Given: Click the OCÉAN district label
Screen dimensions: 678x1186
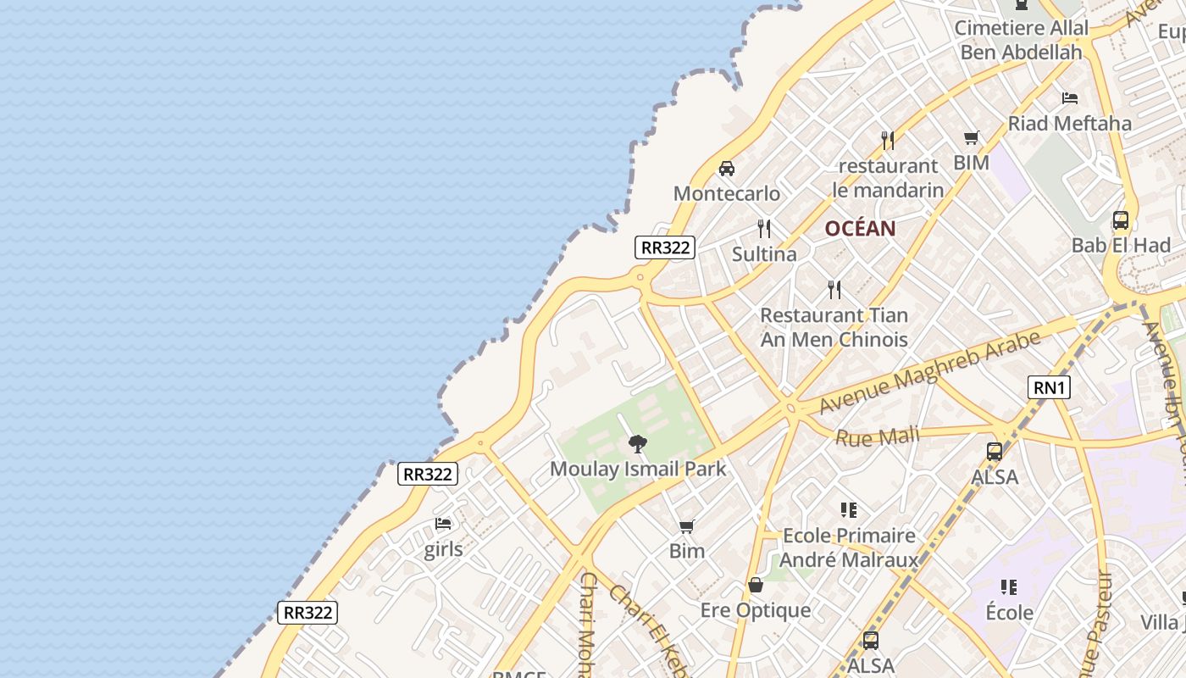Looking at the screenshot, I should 860,228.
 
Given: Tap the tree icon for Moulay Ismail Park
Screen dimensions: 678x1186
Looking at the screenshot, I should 638,443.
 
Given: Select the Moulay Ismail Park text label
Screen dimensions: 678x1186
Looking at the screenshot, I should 638,469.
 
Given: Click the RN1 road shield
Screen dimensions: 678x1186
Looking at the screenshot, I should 1049,387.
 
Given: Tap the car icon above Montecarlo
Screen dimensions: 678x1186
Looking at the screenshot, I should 727,168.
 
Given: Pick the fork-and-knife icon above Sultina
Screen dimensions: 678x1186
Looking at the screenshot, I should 764,229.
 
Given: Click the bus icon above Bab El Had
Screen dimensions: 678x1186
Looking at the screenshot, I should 1121,220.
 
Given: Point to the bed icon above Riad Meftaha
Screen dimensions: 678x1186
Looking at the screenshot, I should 1070,97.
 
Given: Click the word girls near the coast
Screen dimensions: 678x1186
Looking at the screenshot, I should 443,549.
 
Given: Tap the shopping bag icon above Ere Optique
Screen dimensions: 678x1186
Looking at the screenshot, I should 756,585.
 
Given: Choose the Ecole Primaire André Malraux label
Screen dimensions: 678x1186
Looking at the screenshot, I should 849,547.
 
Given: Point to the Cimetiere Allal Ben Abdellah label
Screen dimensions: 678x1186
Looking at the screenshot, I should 1021,40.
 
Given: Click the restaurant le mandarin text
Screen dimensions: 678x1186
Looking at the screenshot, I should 888,178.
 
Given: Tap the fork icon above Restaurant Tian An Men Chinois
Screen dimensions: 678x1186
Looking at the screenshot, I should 834,290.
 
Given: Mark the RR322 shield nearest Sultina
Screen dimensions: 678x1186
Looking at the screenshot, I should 665,247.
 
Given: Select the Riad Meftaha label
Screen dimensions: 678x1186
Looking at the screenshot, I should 1069,123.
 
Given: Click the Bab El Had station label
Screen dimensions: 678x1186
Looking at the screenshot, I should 1121,246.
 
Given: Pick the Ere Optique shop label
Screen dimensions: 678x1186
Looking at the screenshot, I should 756,610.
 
